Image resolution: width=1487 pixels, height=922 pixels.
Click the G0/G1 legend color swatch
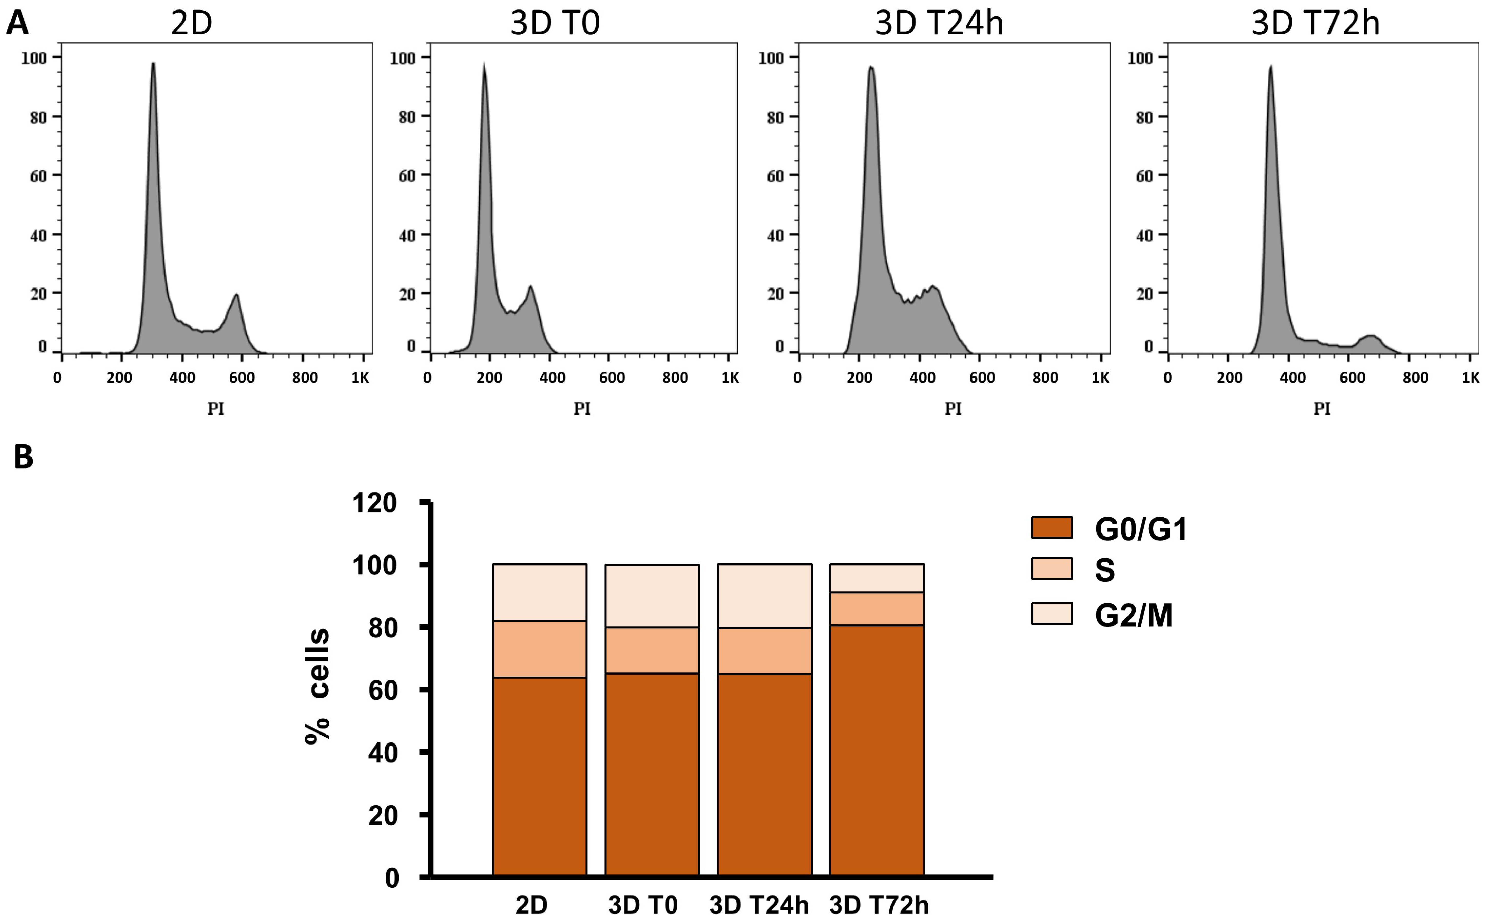pos(1052,528)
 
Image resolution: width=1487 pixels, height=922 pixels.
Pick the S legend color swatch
pos(1052,568)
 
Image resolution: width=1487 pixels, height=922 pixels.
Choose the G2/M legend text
pos(1133,615)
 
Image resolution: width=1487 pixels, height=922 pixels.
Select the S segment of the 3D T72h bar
pos(877,609)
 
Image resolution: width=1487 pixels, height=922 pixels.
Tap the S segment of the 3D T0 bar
pos(652,650)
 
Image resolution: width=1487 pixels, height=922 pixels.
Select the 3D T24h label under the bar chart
pos(759,905)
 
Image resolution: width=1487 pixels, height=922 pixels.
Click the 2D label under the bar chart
pos(531,905)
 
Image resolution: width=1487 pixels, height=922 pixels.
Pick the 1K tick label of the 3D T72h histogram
pos(1470,378)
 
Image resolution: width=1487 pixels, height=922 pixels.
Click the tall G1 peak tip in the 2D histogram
pos(153,63)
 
